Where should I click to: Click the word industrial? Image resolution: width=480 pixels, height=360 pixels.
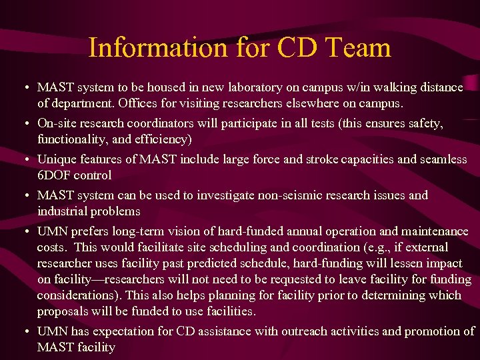tap(63, 211)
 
